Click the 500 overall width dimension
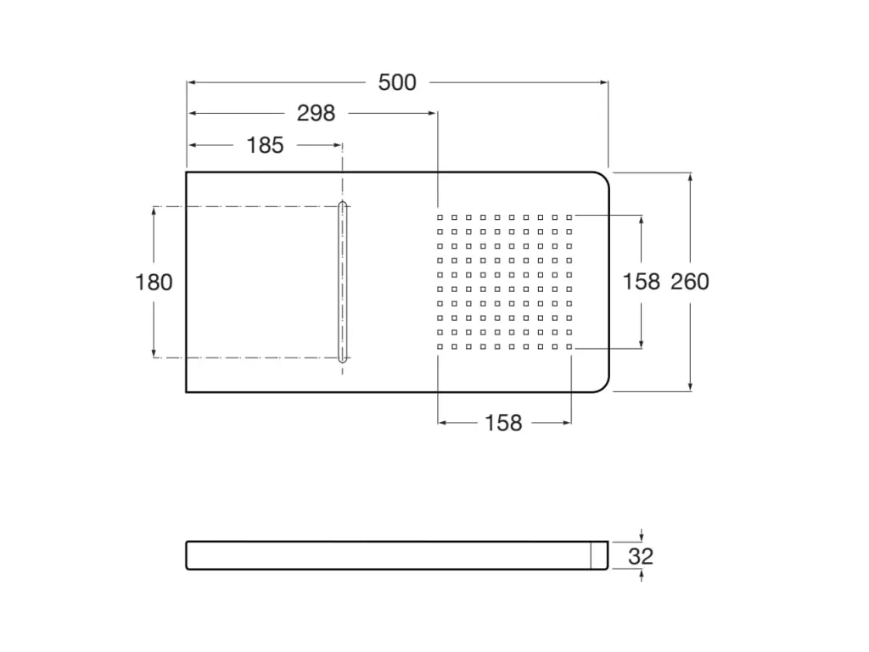[397, 82]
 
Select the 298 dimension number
[316, 113]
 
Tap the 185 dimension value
[265, 145]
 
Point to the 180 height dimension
[154, 282]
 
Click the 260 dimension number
[690, 282]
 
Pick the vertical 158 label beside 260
[642, 282]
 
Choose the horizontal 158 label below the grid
[503, 423]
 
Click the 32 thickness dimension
[641, 556]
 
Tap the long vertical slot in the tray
[343, 282]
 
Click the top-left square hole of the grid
[440, 218]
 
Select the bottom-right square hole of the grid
[569, 347]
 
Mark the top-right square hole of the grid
[569, 218]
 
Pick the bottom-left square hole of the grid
[440, 347]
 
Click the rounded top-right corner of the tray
[603, 178]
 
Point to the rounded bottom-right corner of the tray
[603, 386]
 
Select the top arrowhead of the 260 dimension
[690, 177]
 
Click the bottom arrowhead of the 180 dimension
[154, 353]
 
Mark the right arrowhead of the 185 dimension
[338, 145]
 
